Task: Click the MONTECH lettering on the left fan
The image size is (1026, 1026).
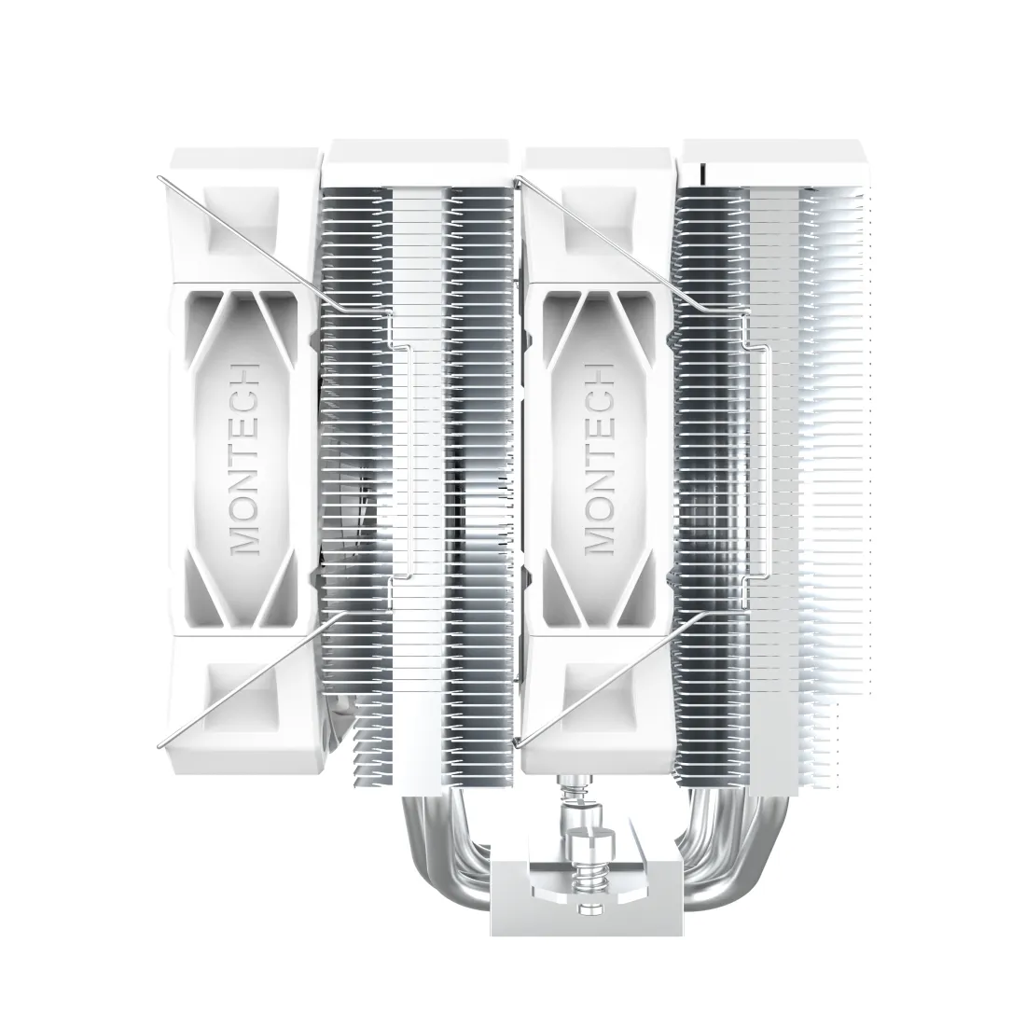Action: (245, 459)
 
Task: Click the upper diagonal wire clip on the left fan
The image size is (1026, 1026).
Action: (243, 234)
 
